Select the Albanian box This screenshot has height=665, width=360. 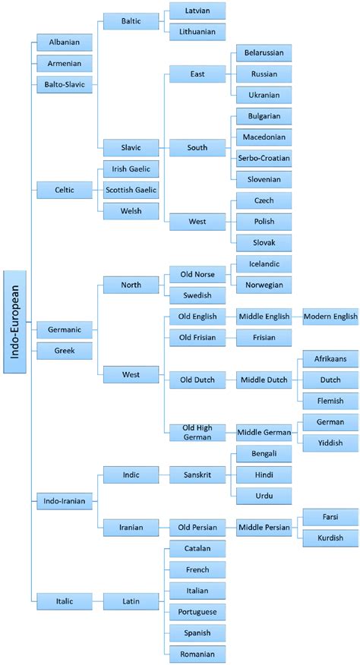click(64, 43)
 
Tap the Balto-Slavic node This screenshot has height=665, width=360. click(64, 85)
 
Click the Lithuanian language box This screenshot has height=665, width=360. click(197, 33)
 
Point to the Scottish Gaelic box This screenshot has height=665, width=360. click(131, 189)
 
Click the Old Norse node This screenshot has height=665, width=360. click(196, 274)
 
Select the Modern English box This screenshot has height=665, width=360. click(330, 317)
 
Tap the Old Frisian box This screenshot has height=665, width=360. click(196, 337)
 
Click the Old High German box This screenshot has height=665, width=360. click(196, 431)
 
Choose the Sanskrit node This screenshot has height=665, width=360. click(196, 474)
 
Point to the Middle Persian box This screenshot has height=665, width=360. click(264, 527)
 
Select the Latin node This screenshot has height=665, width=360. click(131, 600)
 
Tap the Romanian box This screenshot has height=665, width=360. click(196, 653)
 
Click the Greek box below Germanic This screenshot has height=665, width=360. click(64, 351)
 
